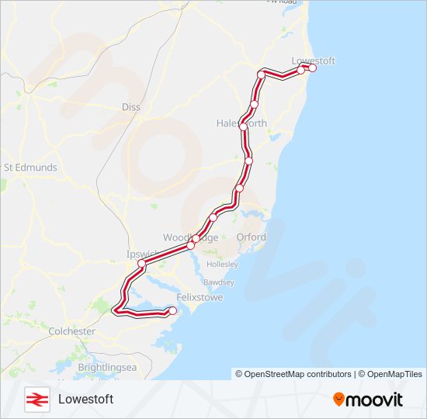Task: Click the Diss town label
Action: (x=131, y=107)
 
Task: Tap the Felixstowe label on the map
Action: (x=200, y=297)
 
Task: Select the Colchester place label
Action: (x=72, y=331)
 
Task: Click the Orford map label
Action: (x=251, y=237)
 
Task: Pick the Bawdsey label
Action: (x=218, y=282)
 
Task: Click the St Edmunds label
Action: (x=30, y=167)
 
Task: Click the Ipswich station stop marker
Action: (x=142, y=264)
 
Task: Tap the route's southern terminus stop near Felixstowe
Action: (x=172, y=311)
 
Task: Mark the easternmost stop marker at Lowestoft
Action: (x=313, y=68)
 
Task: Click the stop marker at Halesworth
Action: (x=243, y=126)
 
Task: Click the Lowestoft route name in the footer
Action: (x=85, y=399)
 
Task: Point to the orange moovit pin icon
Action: (x=339, y=399)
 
